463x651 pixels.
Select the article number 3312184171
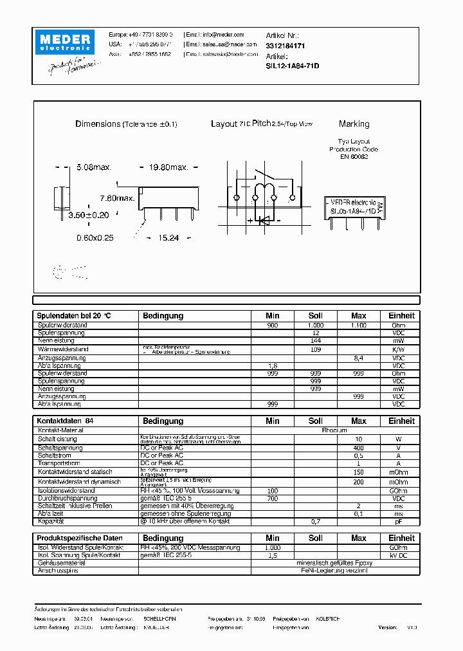pos(285,46)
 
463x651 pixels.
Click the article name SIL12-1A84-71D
pos(293,66)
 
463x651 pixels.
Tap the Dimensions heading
pos(98,124)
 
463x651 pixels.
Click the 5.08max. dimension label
pos(94,167)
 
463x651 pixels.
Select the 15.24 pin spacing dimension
pos(169,237)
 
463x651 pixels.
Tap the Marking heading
pos(354,124)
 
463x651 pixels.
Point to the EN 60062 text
pos(354,156)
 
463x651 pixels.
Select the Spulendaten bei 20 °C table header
pos(74,316)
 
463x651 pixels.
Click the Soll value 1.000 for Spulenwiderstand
pos(315,325)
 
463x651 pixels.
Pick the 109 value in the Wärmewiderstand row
pos(315,349)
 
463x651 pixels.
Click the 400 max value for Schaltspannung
pos(358,447)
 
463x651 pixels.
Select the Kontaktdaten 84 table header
pos(66,421)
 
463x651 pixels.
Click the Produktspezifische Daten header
pos(80,538)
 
